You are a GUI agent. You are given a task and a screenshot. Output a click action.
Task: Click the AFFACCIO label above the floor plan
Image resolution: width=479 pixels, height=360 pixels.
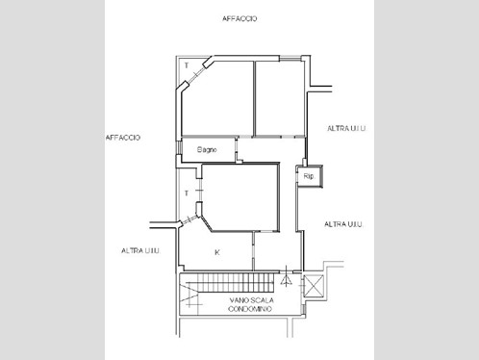click(x=239, y=18)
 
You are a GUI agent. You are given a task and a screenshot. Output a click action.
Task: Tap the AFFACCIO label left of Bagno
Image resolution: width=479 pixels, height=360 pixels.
click(x=122, y=138)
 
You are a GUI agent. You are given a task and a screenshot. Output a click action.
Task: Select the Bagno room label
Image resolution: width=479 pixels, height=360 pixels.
click(x=207, y=149)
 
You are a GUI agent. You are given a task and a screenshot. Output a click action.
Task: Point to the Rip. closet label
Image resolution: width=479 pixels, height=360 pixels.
click(x=309, y=177)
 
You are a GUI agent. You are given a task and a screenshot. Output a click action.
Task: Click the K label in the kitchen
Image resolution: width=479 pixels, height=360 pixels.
click(x=217, y=252)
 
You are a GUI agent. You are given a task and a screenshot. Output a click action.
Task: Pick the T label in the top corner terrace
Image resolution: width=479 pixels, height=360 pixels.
click(x=187, y=64)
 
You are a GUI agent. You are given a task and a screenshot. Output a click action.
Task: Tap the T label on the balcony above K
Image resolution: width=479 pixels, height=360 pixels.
click(x=187, y=193)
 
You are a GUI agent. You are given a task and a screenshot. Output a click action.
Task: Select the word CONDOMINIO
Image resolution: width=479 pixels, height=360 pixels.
click(x=250, y=309)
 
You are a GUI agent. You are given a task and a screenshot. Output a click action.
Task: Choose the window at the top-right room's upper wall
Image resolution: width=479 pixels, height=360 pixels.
click(x=279, y=60)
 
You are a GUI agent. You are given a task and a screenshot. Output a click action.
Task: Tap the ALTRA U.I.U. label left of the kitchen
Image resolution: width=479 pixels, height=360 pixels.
click(x=140, y=249)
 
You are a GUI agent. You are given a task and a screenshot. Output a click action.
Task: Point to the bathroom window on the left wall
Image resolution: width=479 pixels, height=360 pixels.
click(x=177, y=151)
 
